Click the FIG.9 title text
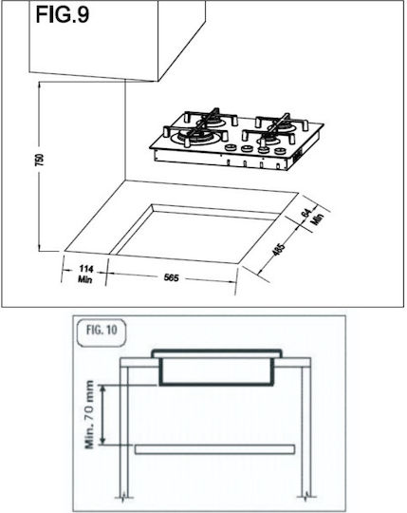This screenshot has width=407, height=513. (x=63, y=14)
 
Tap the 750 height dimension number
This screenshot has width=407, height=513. (x=39, y=160)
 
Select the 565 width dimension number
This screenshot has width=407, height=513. (x=171, y=277)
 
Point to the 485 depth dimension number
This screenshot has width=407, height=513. (x=279, y=249)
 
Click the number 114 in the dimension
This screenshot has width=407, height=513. (x=86, y=269)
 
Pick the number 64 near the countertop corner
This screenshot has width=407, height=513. (x=306, y=213)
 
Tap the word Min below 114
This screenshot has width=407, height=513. (x=85, y=279)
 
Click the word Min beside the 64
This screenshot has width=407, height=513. (x=318, y=218)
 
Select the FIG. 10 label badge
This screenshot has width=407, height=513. (x=102, y=332)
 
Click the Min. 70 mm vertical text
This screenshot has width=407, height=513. (x=89, y=414)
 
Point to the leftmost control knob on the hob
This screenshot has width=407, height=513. (x=231, y=147)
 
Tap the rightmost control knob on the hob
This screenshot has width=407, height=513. (x=280, y=151)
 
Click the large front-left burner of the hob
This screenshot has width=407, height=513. (x=195, y=138)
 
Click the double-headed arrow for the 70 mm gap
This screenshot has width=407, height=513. (x=102, y=414)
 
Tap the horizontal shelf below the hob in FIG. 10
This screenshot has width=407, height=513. (x=215, y=449)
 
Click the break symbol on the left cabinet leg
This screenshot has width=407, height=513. (x=123, y=497)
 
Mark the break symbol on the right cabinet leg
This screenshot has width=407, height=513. (x=306, y=497)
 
